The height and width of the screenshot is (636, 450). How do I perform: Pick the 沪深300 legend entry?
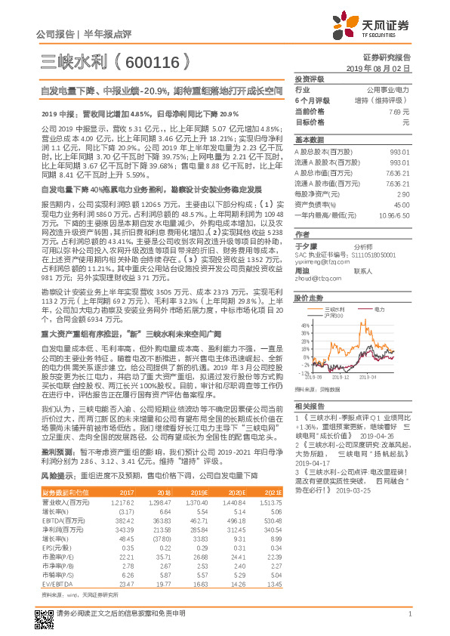point(331,315)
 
